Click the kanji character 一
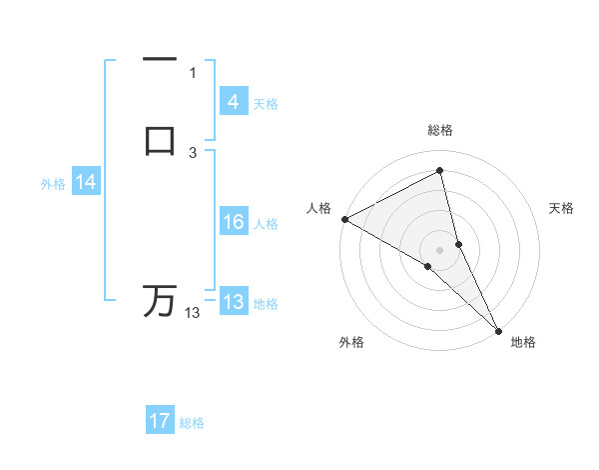(x=160, y=59)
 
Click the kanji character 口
(x=160, y=140)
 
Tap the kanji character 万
(x=160, y=301)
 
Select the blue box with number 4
(x=233, y=102)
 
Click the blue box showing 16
(x=233, y=222)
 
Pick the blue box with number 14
(x=86, y=182)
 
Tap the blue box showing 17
(x=160, y=421)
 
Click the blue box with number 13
(x=233, y=302)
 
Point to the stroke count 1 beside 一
(x=193, y=72)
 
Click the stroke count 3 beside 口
(x=193, y=152)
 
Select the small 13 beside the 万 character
(x=193, y=313)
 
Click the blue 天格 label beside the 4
(x=266, y=103)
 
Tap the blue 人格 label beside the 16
(x=266, y=224)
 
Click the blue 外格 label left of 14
(x=53, y=184)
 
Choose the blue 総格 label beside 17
(x=192, y=423)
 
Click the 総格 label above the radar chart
(x=440, y=130)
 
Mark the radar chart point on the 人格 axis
(x=344, y=219)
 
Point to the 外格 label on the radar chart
(x=351, y=342)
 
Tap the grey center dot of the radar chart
(x=440, y=249)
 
